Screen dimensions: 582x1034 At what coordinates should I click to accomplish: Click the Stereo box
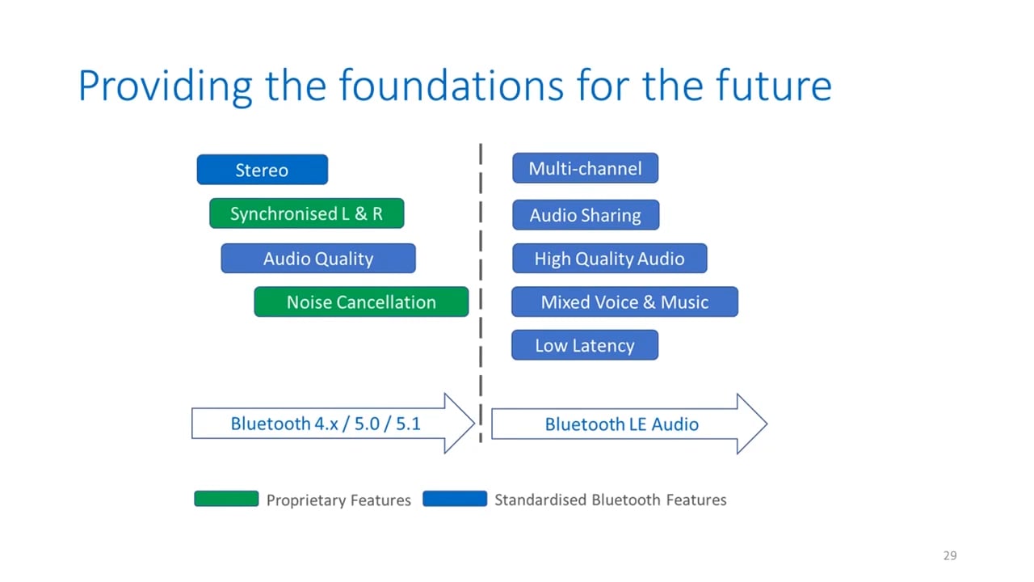click(x=262, y=170)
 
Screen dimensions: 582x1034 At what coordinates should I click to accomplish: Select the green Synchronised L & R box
click(x=306, y=214)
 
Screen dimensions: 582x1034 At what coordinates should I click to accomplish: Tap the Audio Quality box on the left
click(x=318, y=259)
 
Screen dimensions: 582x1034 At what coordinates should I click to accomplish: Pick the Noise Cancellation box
click(x=361, y=302)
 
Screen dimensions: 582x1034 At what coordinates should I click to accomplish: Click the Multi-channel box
click(x=585, y=168)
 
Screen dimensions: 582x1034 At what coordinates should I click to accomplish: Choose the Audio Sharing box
click(x=585, y=215)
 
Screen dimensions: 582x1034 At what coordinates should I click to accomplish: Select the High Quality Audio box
click(x=609, y=259)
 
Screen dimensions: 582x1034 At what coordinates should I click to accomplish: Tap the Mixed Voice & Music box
click(x=624, y=302)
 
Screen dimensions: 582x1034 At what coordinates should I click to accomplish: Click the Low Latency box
click(x=584, y=345)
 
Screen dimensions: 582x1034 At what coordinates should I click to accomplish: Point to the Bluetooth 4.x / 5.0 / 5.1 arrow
click(x=326, y=424)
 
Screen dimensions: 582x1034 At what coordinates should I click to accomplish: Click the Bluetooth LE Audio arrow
click(x=621, y=424)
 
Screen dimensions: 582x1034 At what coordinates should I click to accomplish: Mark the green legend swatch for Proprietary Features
click(x=226, y=499)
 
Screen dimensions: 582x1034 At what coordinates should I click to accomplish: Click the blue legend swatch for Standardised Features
click(x=455, y=499)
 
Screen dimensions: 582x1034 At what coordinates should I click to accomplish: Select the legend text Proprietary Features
click(x=338, y=500)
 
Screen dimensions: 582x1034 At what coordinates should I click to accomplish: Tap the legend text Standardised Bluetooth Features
click(x=610, y=500)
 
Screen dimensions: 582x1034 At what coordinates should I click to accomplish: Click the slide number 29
click(x=949, y=555)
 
